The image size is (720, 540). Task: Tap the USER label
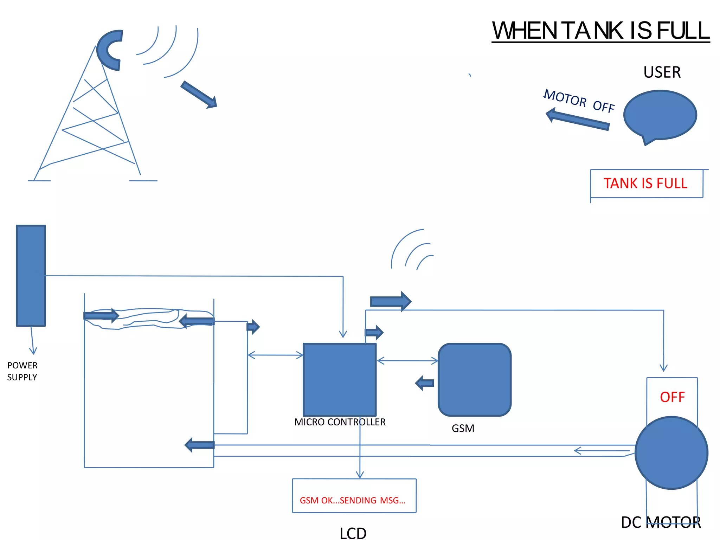662,72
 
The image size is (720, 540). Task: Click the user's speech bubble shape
660,115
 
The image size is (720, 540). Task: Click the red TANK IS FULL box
646,184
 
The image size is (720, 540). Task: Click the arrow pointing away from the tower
199,95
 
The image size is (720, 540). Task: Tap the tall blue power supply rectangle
31,276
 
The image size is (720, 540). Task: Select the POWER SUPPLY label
22,371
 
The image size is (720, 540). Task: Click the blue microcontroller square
340,380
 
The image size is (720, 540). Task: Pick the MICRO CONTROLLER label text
340,422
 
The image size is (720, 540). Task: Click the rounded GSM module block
474,380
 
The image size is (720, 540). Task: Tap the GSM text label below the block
463,429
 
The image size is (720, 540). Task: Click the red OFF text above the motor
672,397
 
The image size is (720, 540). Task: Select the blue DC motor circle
671,453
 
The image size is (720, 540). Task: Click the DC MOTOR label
661,522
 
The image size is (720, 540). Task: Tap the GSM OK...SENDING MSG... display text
353,500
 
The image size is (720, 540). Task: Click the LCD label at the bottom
353,533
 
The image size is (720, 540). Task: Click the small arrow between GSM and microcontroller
425,383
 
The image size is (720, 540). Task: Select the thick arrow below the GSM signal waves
391,301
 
